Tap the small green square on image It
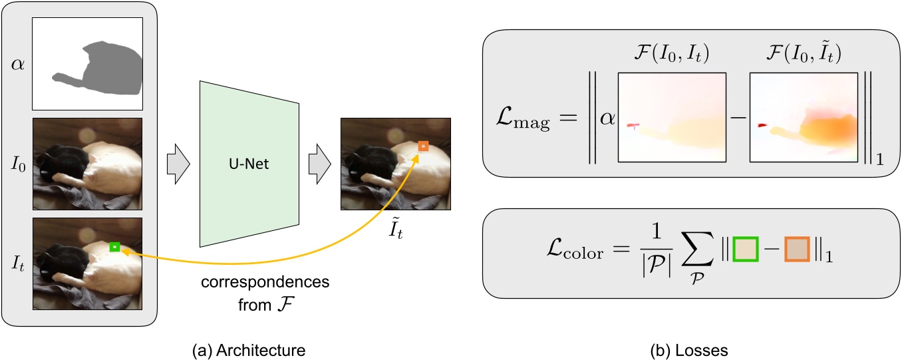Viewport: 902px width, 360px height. click(x=114, y=247)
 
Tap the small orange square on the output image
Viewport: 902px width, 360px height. click(x=423, y=146)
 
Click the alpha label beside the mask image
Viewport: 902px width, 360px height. click(x=17, y=64)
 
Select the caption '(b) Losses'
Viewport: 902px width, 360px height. click(x=689, y=348)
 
